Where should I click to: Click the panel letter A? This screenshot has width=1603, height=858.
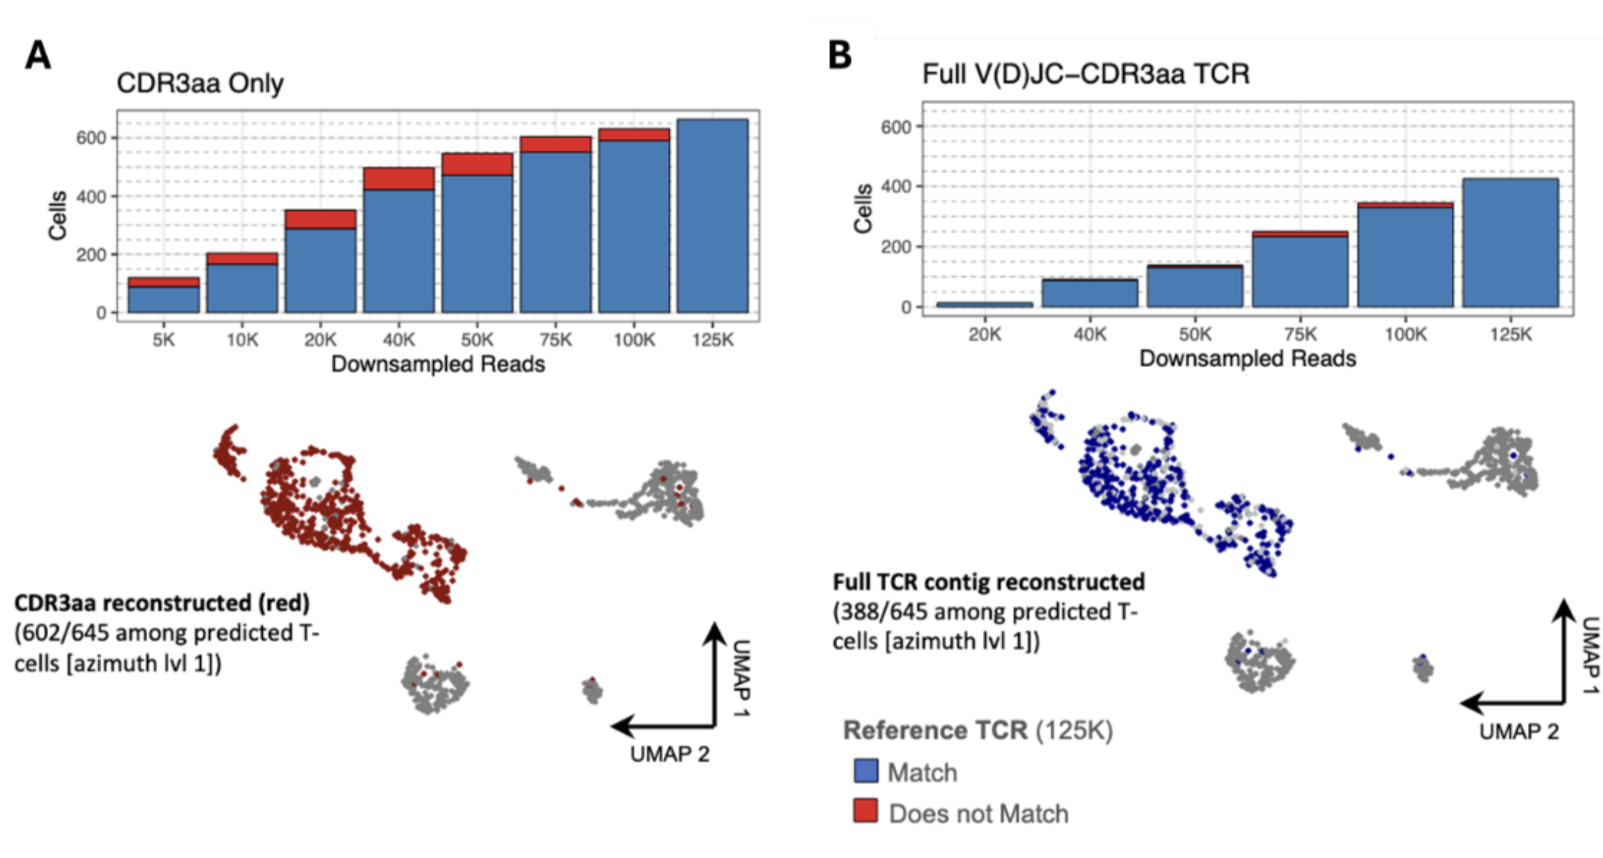38,55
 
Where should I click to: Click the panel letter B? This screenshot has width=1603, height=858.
840,55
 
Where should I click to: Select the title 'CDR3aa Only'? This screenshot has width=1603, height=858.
200,83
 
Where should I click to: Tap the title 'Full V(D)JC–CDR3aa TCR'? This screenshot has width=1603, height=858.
1085,74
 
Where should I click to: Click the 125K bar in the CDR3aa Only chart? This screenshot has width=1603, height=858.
713,216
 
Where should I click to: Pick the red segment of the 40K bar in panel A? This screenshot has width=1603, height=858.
399,178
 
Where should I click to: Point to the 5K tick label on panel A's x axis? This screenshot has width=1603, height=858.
164,339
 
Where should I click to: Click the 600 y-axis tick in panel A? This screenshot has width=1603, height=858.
91,138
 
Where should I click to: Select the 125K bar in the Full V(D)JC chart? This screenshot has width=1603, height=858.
1511,243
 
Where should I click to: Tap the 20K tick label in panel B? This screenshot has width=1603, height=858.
985,334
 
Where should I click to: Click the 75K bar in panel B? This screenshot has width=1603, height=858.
1300,269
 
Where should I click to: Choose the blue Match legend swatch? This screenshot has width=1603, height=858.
866,771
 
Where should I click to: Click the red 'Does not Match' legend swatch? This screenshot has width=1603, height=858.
866,811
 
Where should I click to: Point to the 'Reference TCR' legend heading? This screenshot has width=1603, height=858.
935,730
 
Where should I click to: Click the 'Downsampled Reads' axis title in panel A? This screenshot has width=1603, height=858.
438,363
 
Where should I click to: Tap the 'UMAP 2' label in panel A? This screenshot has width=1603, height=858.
670,754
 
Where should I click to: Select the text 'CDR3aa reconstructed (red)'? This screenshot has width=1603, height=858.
162,603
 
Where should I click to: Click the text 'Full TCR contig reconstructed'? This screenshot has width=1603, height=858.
989,582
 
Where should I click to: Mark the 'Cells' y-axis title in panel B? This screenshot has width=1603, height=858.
863,208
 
